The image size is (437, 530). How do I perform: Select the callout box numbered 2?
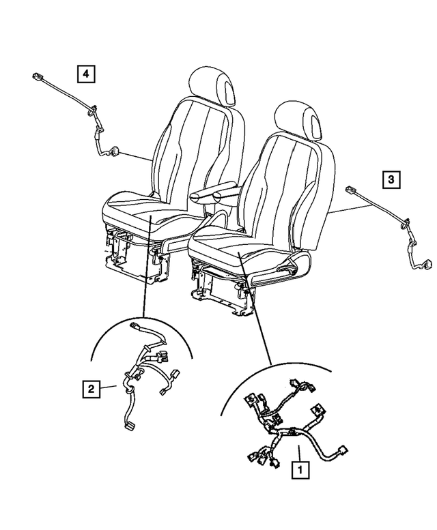tap(89, 389)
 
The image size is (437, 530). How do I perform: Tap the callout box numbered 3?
tap(391, 179)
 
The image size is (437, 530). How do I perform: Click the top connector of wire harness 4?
tap(36, 76)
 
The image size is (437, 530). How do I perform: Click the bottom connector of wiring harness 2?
tap(129, 428)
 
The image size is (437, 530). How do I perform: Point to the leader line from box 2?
tap(107, 389)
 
